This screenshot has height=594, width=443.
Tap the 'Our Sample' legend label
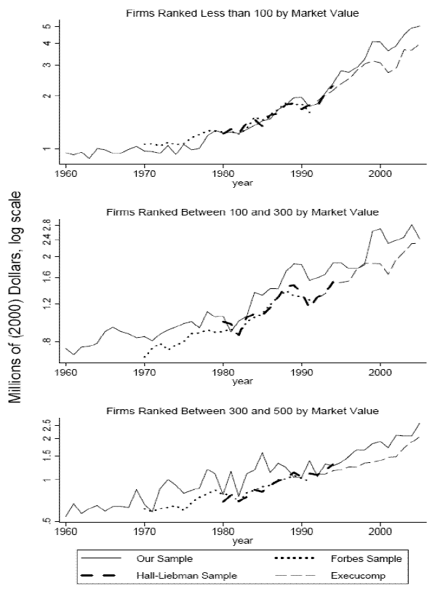(164, 558)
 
